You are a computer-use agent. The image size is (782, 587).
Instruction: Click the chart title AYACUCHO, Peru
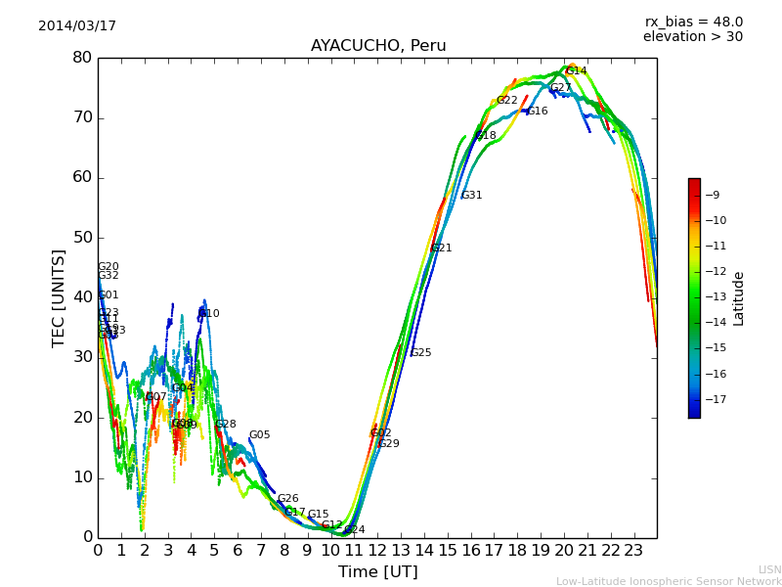tap(378, 46)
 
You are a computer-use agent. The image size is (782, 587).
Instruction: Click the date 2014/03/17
tap(77, 26)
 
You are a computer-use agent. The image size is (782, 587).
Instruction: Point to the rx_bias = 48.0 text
tap(693, 22)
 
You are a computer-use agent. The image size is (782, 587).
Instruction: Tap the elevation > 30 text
tap(692, 37)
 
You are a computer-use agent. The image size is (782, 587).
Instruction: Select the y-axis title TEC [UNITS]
tap(59, 297)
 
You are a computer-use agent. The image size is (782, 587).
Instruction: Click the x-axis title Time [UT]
tap(377, 572)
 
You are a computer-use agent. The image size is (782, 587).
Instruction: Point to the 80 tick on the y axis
tap(82, 58)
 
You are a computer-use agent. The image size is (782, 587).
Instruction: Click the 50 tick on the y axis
tap(82, 238)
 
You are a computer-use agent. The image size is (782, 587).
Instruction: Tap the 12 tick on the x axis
tap(377, 550)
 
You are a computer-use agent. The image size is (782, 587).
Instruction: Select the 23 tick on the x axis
tap(633, 550)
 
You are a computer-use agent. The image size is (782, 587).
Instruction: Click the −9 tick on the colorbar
tap(713, 195)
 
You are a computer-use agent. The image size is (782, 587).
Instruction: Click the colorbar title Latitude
tap(739, 298)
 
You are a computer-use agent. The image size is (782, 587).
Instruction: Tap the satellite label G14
tap(576, 71)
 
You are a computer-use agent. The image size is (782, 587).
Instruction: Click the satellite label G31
tap(472, 196)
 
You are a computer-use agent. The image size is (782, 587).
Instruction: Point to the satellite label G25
tap(420, 353)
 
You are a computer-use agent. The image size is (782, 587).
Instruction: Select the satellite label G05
tap(259, 435)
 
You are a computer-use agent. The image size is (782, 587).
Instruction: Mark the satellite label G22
tap(507, 101)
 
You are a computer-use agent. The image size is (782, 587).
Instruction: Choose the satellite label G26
tap(287, 499)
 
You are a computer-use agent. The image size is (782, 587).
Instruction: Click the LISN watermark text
tap(769, 569)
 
